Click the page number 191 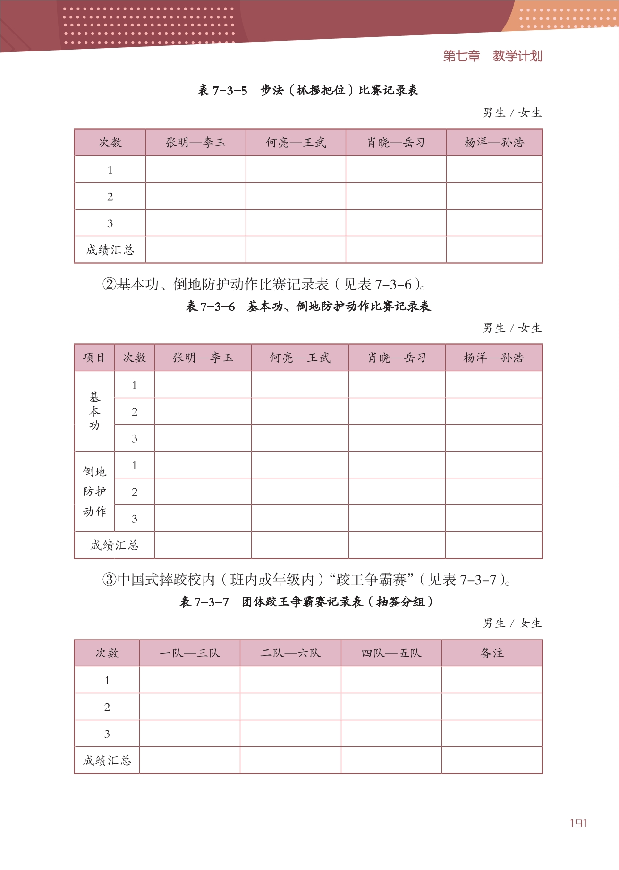coord(578,823)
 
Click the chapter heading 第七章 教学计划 coord(492,56)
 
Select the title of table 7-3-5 coord(308,90)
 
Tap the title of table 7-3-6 coord(308,307)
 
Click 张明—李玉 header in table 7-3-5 coord(195,143)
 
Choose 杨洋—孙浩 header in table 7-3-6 coord(494,358)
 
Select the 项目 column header coord(94,358)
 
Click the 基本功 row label coord(94,411)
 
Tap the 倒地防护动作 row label coord(94,492)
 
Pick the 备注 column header coord(492,653)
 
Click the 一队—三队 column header coord(190,653)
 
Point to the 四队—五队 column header coord(391,653)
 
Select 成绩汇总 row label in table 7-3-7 coord(107,760)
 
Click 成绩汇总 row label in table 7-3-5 coord(110,250)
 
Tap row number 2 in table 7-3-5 coord(110,197)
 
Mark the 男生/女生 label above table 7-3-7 coord(512,623)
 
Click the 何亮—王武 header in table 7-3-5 coord(296,143)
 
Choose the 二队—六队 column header coord(290,653)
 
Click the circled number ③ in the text coord(109,580)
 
